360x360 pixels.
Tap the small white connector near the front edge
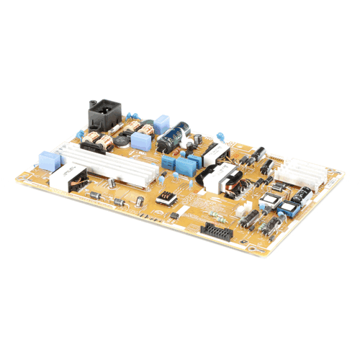coord(184,212)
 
